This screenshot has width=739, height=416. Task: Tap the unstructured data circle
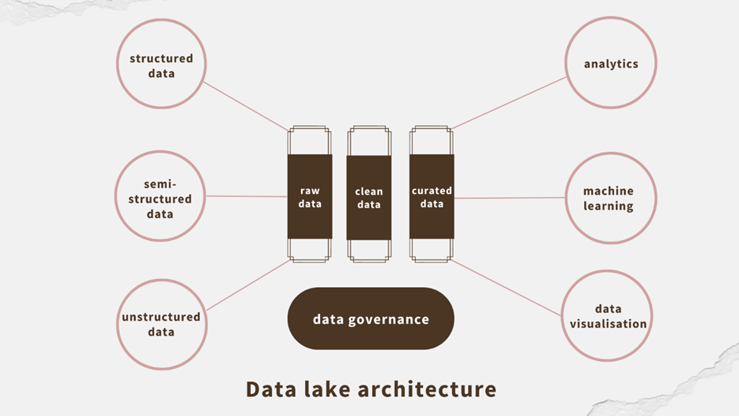click(x=161, y=324)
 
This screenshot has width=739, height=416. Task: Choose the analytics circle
click(x=611, y=64)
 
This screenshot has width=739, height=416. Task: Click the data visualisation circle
click(x=608, y=316)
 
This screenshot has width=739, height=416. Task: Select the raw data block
click(x=310, y=197)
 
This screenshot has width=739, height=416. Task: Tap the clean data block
click(x=369, y=197)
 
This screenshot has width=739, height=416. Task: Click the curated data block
click(x=432, y=197)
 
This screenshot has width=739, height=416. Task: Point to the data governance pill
click(x=371, y=318)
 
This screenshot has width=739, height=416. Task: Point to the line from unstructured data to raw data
click(x=248, y=285)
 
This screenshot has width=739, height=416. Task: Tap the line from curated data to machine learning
click(x=511, y=198)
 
